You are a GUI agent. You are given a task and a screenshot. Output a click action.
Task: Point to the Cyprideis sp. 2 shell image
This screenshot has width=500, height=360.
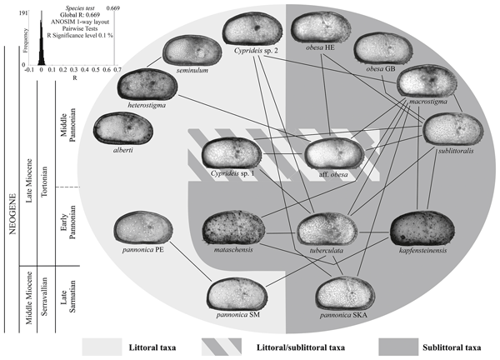coord(252,32)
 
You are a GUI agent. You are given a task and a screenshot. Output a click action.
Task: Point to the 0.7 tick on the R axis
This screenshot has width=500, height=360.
coord(117,71)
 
